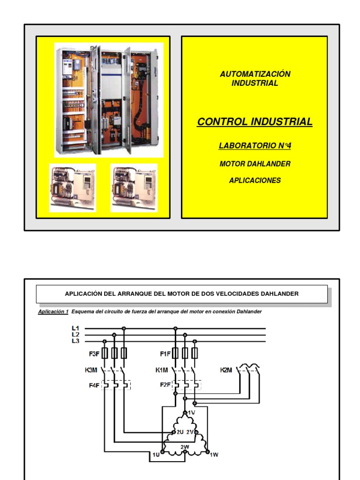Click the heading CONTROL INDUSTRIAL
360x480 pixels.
pos(255,122)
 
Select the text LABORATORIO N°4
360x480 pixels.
pos(255,146)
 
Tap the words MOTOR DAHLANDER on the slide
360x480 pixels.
pos(255,164)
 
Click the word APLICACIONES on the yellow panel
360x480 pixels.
pos(255,180)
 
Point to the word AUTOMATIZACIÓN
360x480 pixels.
pos(255,74)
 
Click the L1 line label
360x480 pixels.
pos(75,328)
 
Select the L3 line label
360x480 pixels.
pos(75,341)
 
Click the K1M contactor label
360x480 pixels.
pos(163,370)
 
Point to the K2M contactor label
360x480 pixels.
pos(226,370)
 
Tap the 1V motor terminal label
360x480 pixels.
pos(191,412)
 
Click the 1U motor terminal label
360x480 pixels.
pos(156,454)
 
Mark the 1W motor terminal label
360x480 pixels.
pos(214,454)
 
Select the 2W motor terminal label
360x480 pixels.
pos(185,447)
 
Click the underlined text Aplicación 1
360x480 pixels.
pos(53,312)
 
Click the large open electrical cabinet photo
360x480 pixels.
pos(109,100)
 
